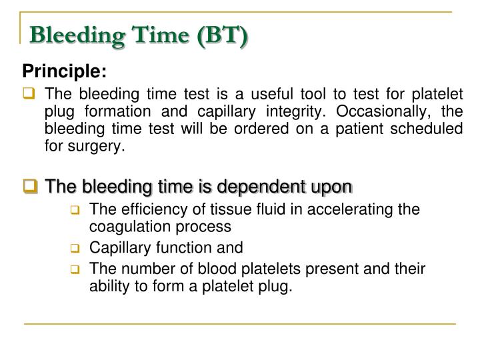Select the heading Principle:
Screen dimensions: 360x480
pos(65,70)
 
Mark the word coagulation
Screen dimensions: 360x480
pos(122,226)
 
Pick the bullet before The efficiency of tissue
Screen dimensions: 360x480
pos(76,210)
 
